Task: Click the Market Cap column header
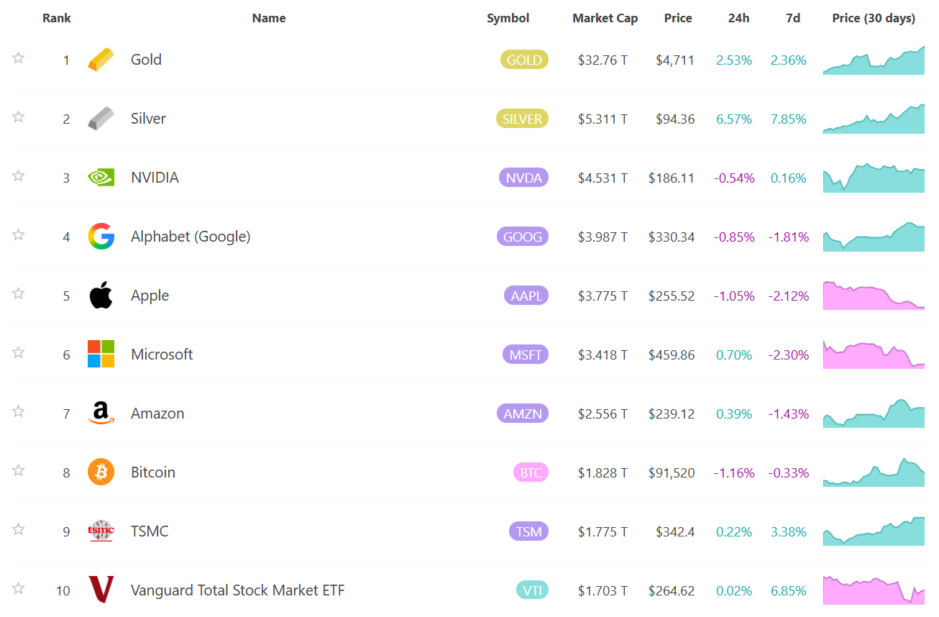pyautogui.click(x=605, y=18)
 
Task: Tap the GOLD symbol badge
pyautogui.click(x=524, y=60)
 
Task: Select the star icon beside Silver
pyautogui.click(x=18, y=117)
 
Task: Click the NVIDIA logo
pyautogui.click(x=101, y=178)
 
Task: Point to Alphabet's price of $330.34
pyautogui.click(x=671, y=237)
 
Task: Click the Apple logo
pyautogui.click(x=101, y=295)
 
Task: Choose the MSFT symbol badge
pyautogui.click(x=526, y=355)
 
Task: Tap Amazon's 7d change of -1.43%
pyautogui.click(x=789, y=414)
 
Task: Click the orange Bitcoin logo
pyautogui.click(x=101, y=472)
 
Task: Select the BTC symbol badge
pyautogui.click(x=531, y=472)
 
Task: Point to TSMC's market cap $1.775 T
pyautogui.click(x=603, y=532)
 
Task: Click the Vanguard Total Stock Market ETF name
pyautogui.click(x=238, y=590)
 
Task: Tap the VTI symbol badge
pyautogui.click(x=532, y=590)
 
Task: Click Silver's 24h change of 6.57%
pyautogui.click(x=734, y=119)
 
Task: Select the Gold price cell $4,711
pyautogui.click(x=675, y=60)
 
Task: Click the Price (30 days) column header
pyautogui.click(x=874, y=18)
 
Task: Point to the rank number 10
pyautogui.click(x=63, y=591)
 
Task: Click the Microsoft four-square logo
pyautogui.click(x=101, y=354)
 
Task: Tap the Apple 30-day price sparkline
pyautogui.click(x=874, y=296)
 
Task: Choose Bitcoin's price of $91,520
pyautogui.click(x=671, y=473)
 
